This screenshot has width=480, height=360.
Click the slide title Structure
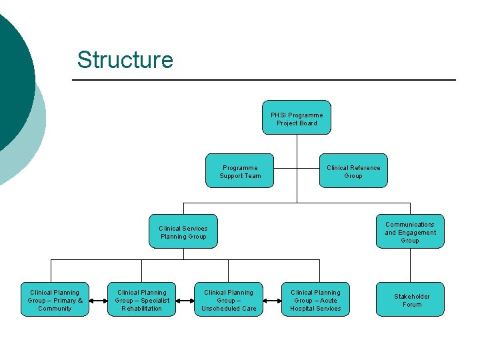pos(125,59)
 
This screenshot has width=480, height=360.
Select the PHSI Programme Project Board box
pos(297,119)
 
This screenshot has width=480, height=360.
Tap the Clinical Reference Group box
pos(353,172)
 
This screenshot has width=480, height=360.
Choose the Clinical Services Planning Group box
pos(183,232)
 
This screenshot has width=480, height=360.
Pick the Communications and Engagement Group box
pos(410,232)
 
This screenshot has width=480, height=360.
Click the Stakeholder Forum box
pos(411,300)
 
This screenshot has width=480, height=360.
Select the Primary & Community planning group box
pos(55,300)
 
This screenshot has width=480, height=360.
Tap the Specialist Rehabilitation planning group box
pos(141,300)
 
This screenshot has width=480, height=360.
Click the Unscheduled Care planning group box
pos(229,300)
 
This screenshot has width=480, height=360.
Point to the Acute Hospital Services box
pos(315,300)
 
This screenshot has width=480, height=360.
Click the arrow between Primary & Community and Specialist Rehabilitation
pos(98,301)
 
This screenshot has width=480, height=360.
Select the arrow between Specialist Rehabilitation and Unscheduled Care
pos(185,301)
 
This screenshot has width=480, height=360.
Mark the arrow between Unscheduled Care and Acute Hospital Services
pos(271,301)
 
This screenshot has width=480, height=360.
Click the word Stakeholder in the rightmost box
pos(411,296)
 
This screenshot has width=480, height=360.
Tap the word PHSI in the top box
pos(278,115)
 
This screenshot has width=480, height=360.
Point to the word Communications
pos(409,225)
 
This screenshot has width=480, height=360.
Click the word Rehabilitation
pos(141,308)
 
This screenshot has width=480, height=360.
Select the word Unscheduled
pos(219,308)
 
